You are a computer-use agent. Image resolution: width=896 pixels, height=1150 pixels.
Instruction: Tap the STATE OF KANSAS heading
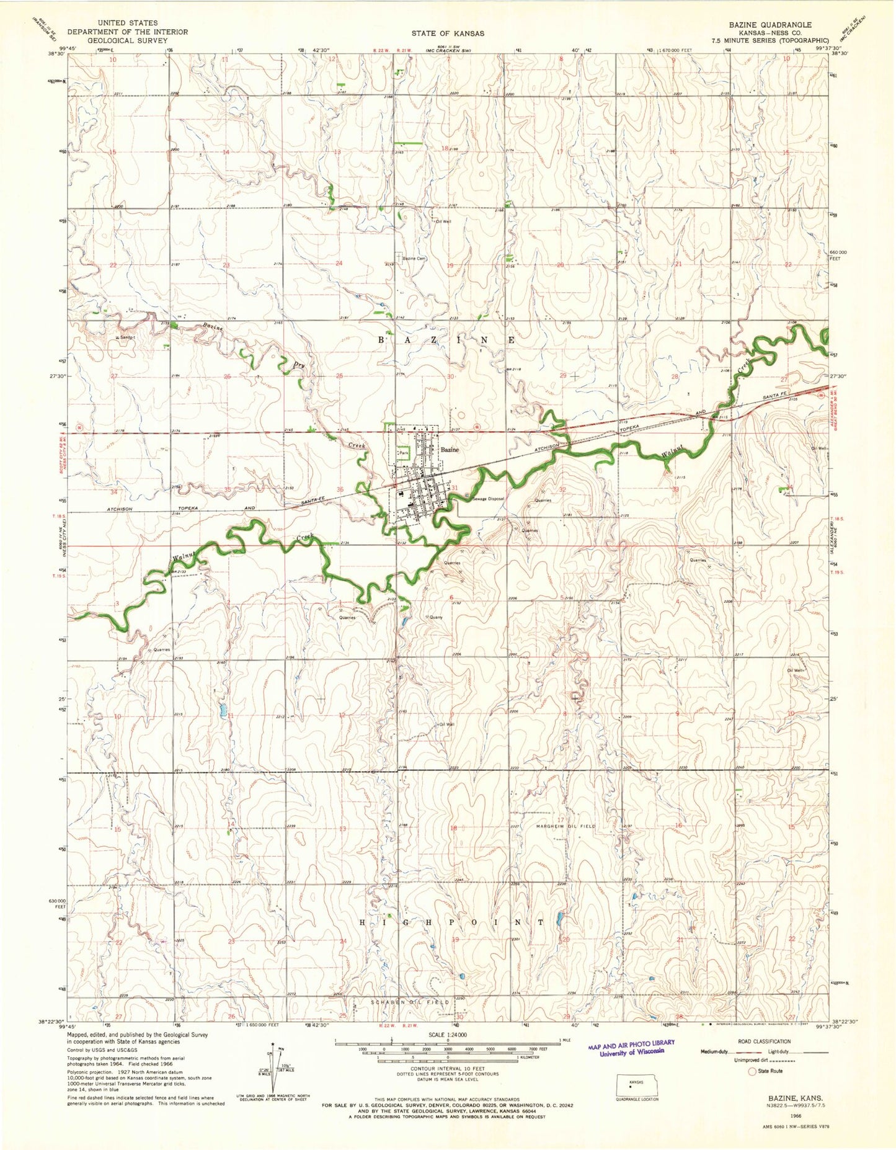click(x=448, y=33)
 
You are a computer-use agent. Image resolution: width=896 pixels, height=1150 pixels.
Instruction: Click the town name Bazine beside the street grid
click(x=450, y=450)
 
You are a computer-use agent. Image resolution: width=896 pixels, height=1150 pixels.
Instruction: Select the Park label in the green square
click(x=403, y=453)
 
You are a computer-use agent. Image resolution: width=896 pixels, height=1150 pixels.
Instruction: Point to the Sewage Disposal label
click(x=488, y=499)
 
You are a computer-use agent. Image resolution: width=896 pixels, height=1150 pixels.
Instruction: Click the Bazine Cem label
click(x=414, y=259)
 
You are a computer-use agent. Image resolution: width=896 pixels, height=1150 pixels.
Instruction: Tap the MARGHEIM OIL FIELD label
click(x=566, y=826)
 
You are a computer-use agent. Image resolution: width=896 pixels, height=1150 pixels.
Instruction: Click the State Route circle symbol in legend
click(x=753, y=1071)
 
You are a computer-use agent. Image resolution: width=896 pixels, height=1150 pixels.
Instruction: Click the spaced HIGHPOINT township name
click(x=452, y=922)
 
